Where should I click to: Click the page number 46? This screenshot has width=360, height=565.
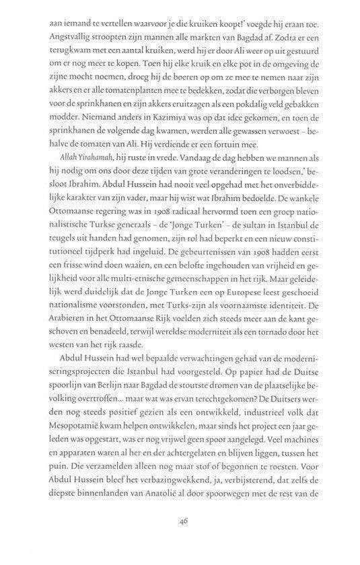tap(180, 541)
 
